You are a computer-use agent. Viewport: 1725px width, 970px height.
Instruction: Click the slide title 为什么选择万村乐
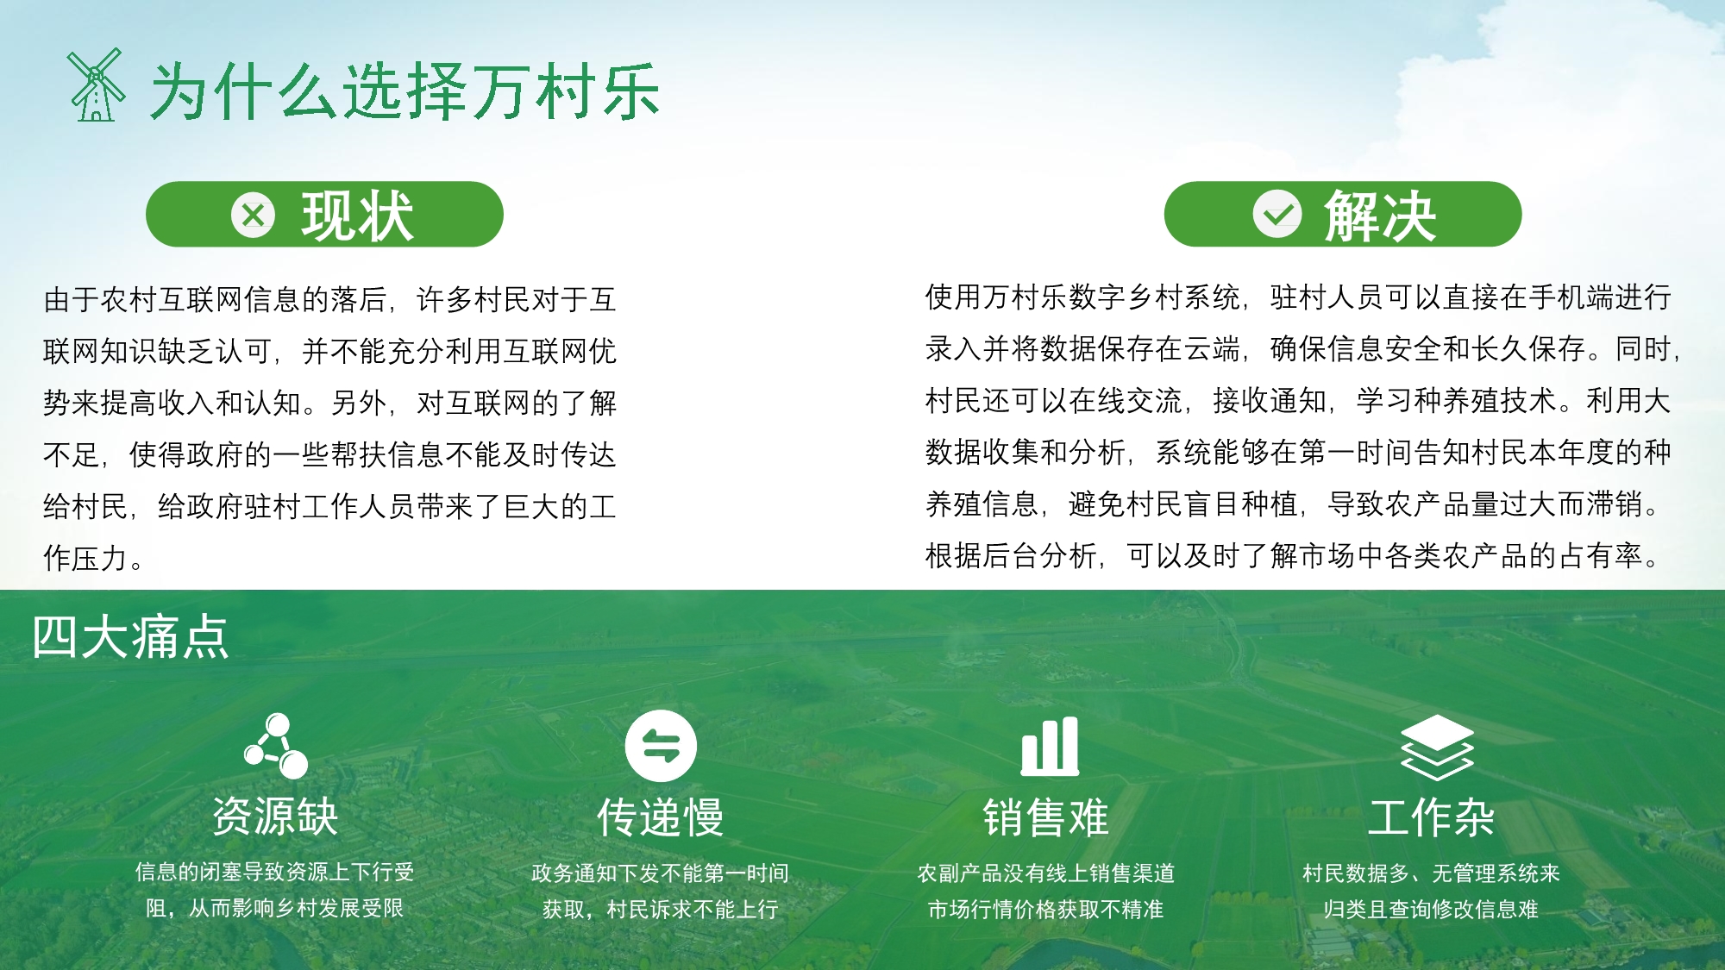[x=405, y=91]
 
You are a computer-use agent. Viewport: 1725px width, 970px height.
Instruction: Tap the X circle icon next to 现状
[x=253, y=215]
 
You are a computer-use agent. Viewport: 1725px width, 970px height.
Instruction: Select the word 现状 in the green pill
[x=357, y=216]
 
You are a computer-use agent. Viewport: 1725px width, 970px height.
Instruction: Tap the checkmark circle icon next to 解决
[x=1276, y=215]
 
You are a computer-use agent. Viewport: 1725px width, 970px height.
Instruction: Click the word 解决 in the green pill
[x=1380, y=216]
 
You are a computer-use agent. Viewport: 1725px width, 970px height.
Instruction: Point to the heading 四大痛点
[x=130, y=638]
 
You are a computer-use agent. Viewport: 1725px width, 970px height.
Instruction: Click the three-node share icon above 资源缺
[x=276, y=746]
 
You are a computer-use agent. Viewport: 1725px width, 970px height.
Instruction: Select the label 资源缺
[x=275, y=817]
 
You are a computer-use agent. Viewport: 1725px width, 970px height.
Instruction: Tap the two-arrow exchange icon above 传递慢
[x=661, y=746]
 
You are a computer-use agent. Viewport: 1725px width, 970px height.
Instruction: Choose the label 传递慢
[x=661, y=817]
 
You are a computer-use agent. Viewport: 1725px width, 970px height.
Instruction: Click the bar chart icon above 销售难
[x=1049, y=746]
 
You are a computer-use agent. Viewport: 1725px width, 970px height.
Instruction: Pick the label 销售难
[x=1045, y=817]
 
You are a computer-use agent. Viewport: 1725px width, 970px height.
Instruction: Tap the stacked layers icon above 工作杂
[x=1437, y=747]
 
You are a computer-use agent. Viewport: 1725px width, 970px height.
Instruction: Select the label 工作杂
[x=1432, y=817]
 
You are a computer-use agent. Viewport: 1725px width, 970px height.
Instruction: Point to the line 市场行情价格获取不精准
[x=1045, y=910]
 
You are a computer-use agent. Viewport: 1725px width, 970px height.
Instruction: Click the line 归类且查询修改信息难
[x=1432, y=910]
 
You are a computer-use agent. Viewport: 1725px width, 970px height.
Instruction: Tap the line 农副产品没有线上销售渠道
[x=1045, y=873]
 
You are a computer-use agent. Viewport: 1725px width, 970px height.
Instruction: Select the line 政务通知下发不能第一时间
[x=661, y=873]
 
